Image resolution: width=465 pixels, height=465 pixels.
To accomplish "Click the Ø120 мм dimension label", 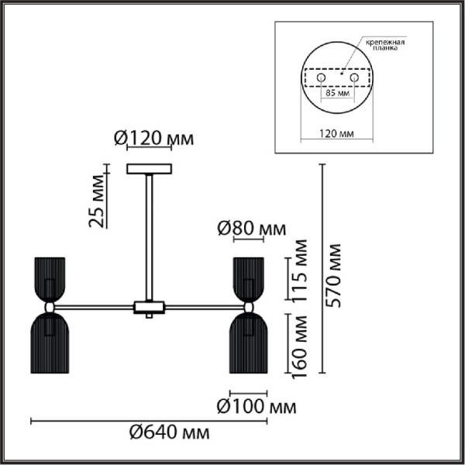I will tap(153, 140).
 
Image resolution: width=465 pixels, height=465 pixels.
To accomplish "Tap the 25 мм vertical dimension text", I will tap(97, 203).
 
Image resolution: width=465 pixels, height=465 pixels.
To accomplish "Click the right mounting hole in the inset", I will tap(354, 78).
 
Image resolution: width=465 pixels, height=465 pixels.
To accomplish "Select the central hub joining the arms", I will tap(149, 307).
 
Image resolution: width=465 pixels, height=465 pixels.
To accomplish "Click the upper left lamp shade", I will tap(48, 277).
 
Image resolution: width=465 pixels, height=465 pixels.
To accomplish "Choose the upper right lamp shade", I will tap(249, 277).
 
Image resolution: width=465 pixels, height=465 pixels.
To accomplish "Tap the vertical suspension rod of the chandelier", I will tap(149, 232).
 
